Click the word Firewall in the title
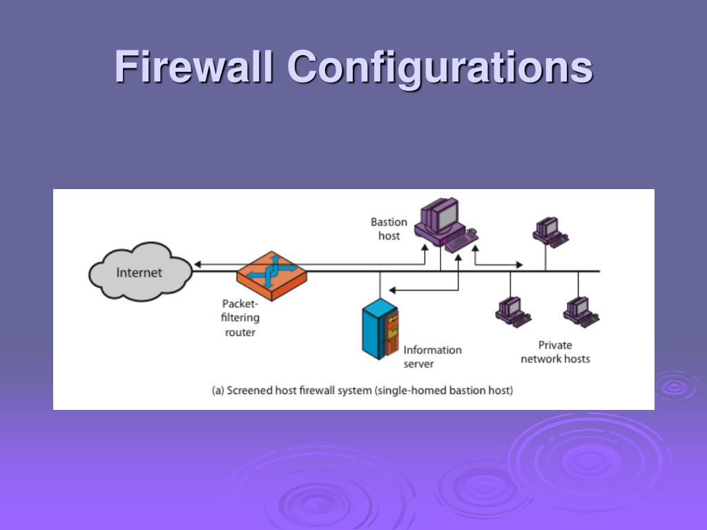click(x=195, y=68)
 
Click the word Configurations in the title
click(x=440, y=68)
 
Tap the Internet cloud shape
click(x=139, y=272)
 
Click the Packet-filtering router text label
click(x=240, y=317)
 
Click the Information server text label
click(x=432, y=356)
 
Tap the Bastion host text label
click(x=389, y=229)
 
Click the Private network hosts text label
click(x=555, y=352)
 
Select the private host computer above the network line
click(x=549, y=232)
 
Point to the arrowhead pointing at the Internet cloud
click(x=197, y=264)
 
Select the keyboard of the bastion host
click(x=461, y=241)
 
